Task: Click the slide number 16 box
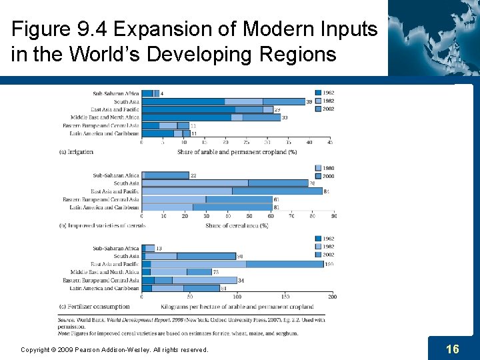pyautogui.click(x=452, y=349)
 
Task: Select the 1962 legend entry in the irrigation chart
pyautogui.click(x=327, y=93)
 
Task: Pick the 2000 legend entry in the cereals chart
pyautogui.click(x=327, y=176)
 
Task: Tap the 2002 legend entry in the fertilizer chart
pyautogui.click(x=327, y=255)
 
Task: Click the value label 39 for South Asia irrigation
pyautogui.click(x=309, y=102)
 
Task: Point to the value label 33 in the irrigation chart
pyautogui.click(x=285, y=118)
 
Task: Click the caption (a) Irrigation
pyautogui.click(x=76, y=152)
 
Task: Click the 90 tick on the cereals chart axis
pyautogui.click(x=333, y=216)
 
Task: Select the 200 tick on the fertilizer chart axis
pyautogui.click(x=332, y=297)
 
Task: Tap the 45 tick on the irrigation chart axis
pyautogui.click(x=329, y=142)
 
